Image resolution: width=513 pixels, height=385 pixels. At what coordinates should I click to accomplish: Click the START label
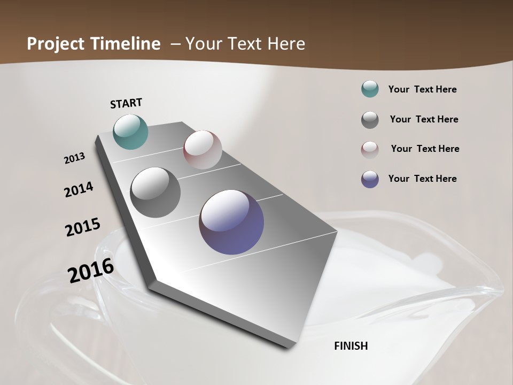click(x=126, y=103)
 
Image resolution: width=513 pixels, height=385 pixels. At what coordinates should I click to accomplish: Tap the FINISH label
click(x=351, y=346)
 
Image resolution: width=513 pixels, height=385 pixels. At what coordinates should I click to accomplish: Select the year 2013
click(x=74, y=158)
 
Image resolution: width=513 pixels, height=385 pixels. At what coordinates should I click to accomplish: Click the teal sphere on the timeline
click(x=131, y=132)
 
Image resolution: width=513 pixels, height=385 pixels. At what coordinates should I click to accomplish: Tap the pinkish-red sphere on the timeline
click(x=203, y=150)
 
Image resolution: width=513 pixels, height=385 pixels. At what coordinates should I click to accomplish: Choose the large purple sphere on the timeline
click(x=231, y=221)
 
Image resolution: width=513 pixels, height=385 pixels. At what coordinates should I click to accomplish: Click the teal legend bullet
click(x=370, y=89)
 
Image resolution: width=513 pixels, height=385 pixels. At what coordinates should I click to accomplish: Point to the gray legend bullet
click(x=370, y=120)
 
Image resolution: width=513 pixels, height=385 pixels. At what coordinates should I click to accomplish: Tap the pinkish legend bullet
click(x=370, y=150)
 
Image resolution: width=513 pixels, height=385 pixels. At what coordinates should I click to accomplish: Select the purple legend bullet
click(x=370, y=179)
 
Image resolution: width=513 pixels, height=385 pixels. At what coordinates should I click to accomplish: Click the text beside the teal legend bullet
click(x=422, y=90)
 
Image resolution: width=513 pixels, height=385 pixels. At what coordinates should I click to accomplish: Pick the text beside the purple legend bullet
click(x=422, y=179)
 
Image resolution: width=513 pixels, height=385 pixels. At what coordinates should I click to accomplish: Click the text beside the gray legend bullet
click(x=424, y=119)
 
